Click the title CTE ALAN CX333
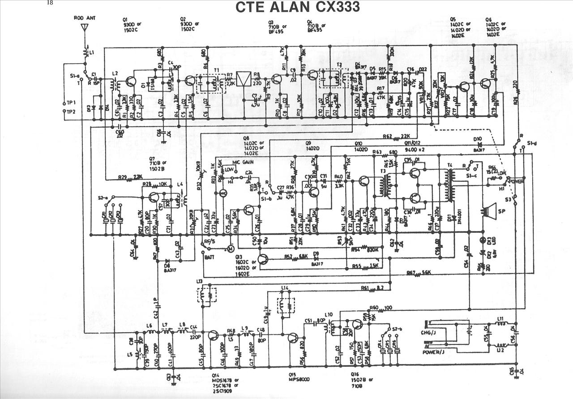[298, 8]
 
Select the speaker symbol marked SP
[490, 211]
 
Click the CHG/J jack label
[429, 334]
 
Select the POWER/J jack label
[434, 352]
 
